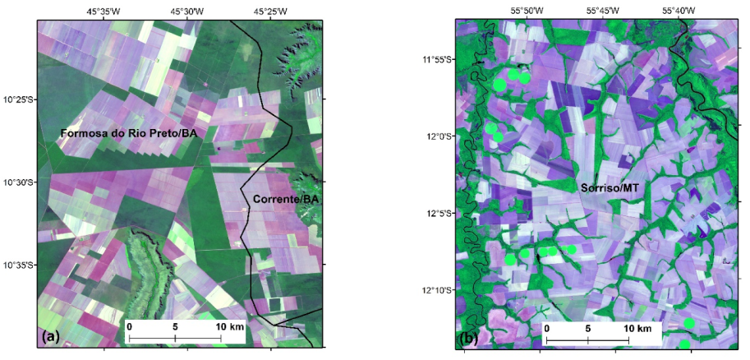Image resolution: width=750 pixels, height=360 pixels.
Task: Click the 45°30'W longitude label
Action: pyautogui.click(x=187, y=12)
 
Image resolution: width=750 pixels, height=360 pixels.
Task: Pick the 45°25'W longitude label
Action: pyautogui.click(x=270, y=12)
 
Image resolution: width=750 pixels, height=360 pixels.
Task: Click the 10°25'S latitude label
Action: pyautogui.click(x=19, y=99)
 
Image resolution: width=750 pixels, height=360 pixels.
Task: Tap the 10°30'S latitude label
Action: pyautogui.click(x=19, y=182)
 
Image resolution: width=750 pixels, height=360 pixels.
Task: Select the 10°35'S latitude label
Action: pyautogui.click(x=19, y=265)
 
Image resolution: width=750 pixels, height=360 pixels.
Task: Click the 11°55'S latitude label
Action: pyautogui.click(x=438, y=59)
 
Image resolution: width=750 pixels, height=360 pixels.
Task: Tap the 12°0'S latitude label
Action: pyautogui.click(x=440, y=136)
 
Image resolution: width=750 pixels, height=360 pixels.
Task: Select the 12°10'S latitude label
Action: pyautogui.click(x=438, y=290)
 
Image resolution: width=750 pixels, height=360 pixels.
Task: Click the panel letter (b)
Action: pyautogui.click(x=472, y=338)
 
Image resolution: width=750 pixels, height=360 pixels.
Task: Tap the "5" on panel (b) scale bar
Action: pyautogui.click(x=588, y=329)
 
